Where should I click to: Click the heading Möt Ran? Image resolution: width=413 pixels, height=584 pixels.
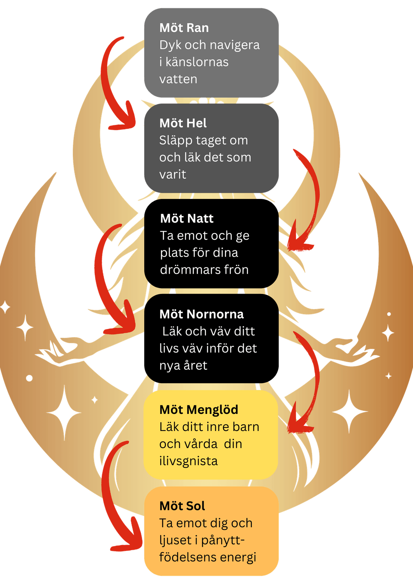tap(184, 28)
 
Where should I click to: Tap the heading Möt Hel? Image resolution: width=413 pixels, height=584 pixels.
tap(183, 123)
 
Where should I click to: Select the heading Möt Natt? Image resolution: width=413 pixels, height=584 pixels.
tap(187, 219)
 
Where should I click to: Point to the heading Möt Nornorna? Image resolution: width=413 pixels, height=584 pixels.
tap(202, 314)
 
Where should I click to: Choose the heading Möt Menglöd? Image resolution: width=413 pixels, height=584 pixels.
tap(199, 410)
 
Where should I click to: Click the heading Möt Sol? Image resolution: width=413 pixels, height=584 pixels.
tap(182, 506)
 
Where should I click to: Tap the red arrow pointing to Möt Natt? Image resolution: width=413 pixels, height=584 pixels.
tap(310, 195)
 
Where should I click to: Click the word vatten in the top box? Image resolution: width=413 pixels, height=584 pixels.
tap(178, 79)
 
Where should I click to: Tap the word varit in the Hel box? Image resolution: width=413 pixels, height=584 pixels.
tap(173, 174)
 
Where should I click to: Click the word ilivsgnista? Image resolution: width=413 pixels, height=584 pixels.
tap(188, 461)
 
